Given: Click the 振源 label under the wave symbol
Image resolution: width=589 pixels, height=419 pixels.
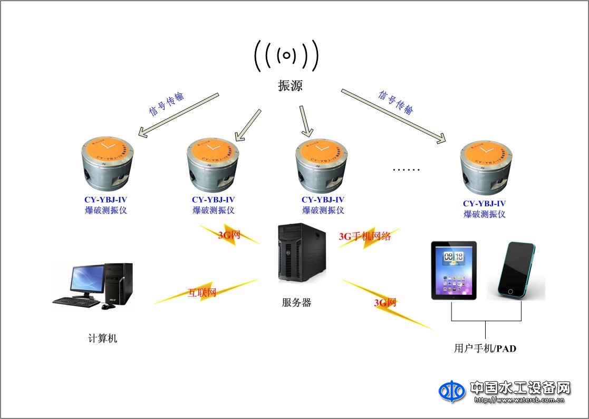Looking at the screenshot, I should (x=290, y=86).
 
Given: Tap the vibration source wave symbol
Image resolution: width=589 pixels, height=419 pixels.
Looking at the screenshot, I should (x=286, y=55).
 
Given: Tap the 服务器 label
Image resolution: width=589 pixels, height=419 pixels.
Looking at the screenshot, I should (x=296, y=303).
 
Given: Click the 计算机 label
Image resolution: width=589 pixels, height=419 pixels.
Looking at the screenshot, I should (x=102, y=338).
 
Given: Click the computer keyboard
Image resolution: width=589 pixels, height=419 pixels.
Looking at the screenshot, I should (x=76, y=302).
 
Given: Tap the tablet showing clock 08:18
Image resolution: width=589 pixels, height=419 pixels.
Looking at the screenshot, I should (x=453, y=270).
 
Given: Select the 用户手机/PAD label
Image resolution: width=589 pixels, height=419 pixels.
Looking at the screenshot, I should (x=485, y=348).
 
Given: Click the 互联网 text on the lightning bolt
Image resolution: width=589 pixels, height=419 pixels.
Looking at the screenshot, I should (x=202, y=293).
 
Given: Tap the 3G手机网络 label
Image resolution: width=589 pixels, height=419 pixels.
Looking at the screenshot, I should (x=365, y=236).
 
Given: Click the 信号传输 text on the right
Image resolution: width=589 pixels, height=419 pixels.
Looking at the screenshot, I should (x=395, y=102).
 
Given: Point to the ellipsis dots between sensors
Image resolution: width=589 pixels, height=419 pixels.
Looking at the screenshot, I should (x=407, y=170).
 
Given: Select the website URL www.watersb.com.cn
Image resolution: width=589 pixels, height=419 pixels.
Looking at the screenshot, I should (x=519, y=400).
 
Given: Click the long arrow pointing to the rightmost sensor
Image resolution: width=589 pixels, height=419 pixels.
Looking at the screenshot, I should (x=393, y=116).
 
